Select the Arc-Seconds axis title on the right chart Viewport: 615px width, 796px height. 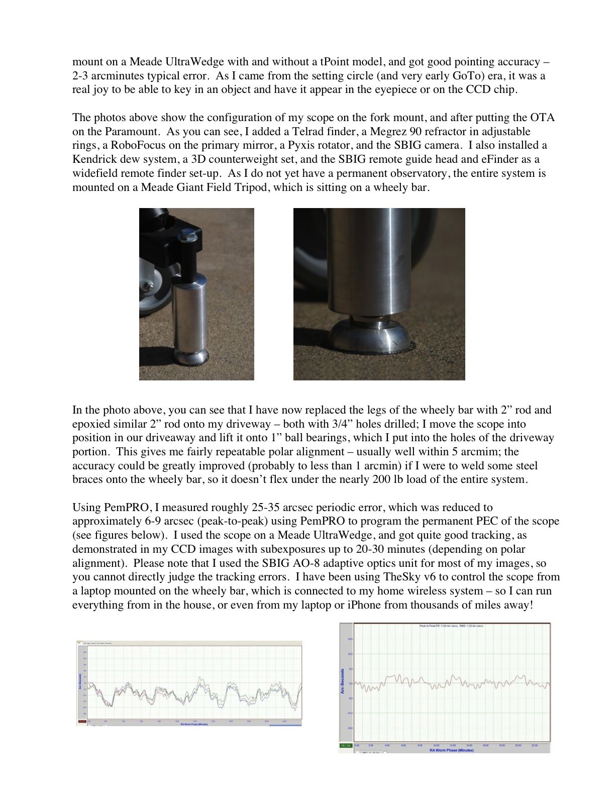[343, 681]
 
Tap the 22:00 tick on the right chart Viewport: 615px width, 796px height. [534, 745]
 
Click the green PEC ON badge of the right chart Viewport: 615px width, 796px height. [346, 745]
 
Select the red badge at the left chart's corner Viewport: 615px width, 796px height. [81, 722]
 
